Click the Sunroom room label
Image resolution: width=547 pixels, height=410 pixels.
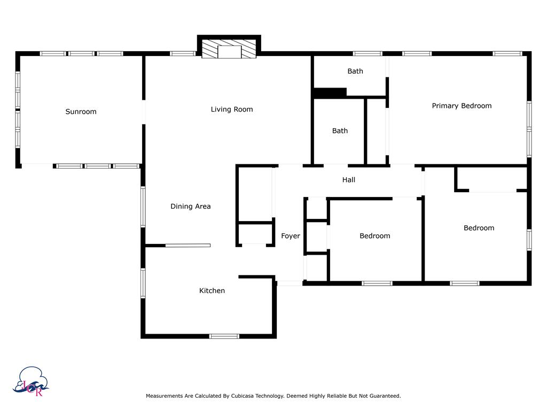81,112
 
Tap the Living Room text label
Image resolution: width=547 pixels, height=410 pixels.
232,109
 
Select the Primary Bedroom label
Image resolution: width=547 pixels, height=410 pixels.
462,106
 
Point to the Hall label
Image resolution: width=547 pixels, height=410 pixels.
349,180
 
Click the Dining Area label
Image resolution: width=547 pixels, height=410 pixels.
191,206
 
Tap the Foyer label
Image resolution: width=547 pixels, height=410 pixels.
291,236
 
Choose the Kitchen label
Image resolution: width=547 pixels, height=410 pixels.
212,290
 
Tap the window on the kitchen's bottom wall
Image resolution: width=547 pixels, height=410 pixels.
224,336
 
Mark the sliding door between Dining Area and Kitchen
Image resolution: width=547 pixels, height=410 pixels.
188,246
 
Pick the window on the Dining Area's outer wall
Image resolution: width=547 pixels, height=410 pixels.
143,207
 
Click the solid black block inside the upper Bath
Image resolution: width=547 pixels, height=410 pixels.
330,93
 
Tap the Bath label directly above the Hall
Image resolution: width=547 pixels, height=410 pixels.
340,131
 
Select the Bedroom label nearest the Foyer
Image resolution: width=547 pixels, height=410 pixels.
374,236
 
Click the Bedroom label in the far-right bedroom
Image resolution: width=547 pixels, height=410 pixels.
479,228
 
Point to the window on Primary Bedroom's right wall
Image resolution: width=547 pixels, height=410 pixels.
529,128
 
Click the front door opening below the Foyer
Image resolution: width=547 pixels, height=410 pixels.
290,283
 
